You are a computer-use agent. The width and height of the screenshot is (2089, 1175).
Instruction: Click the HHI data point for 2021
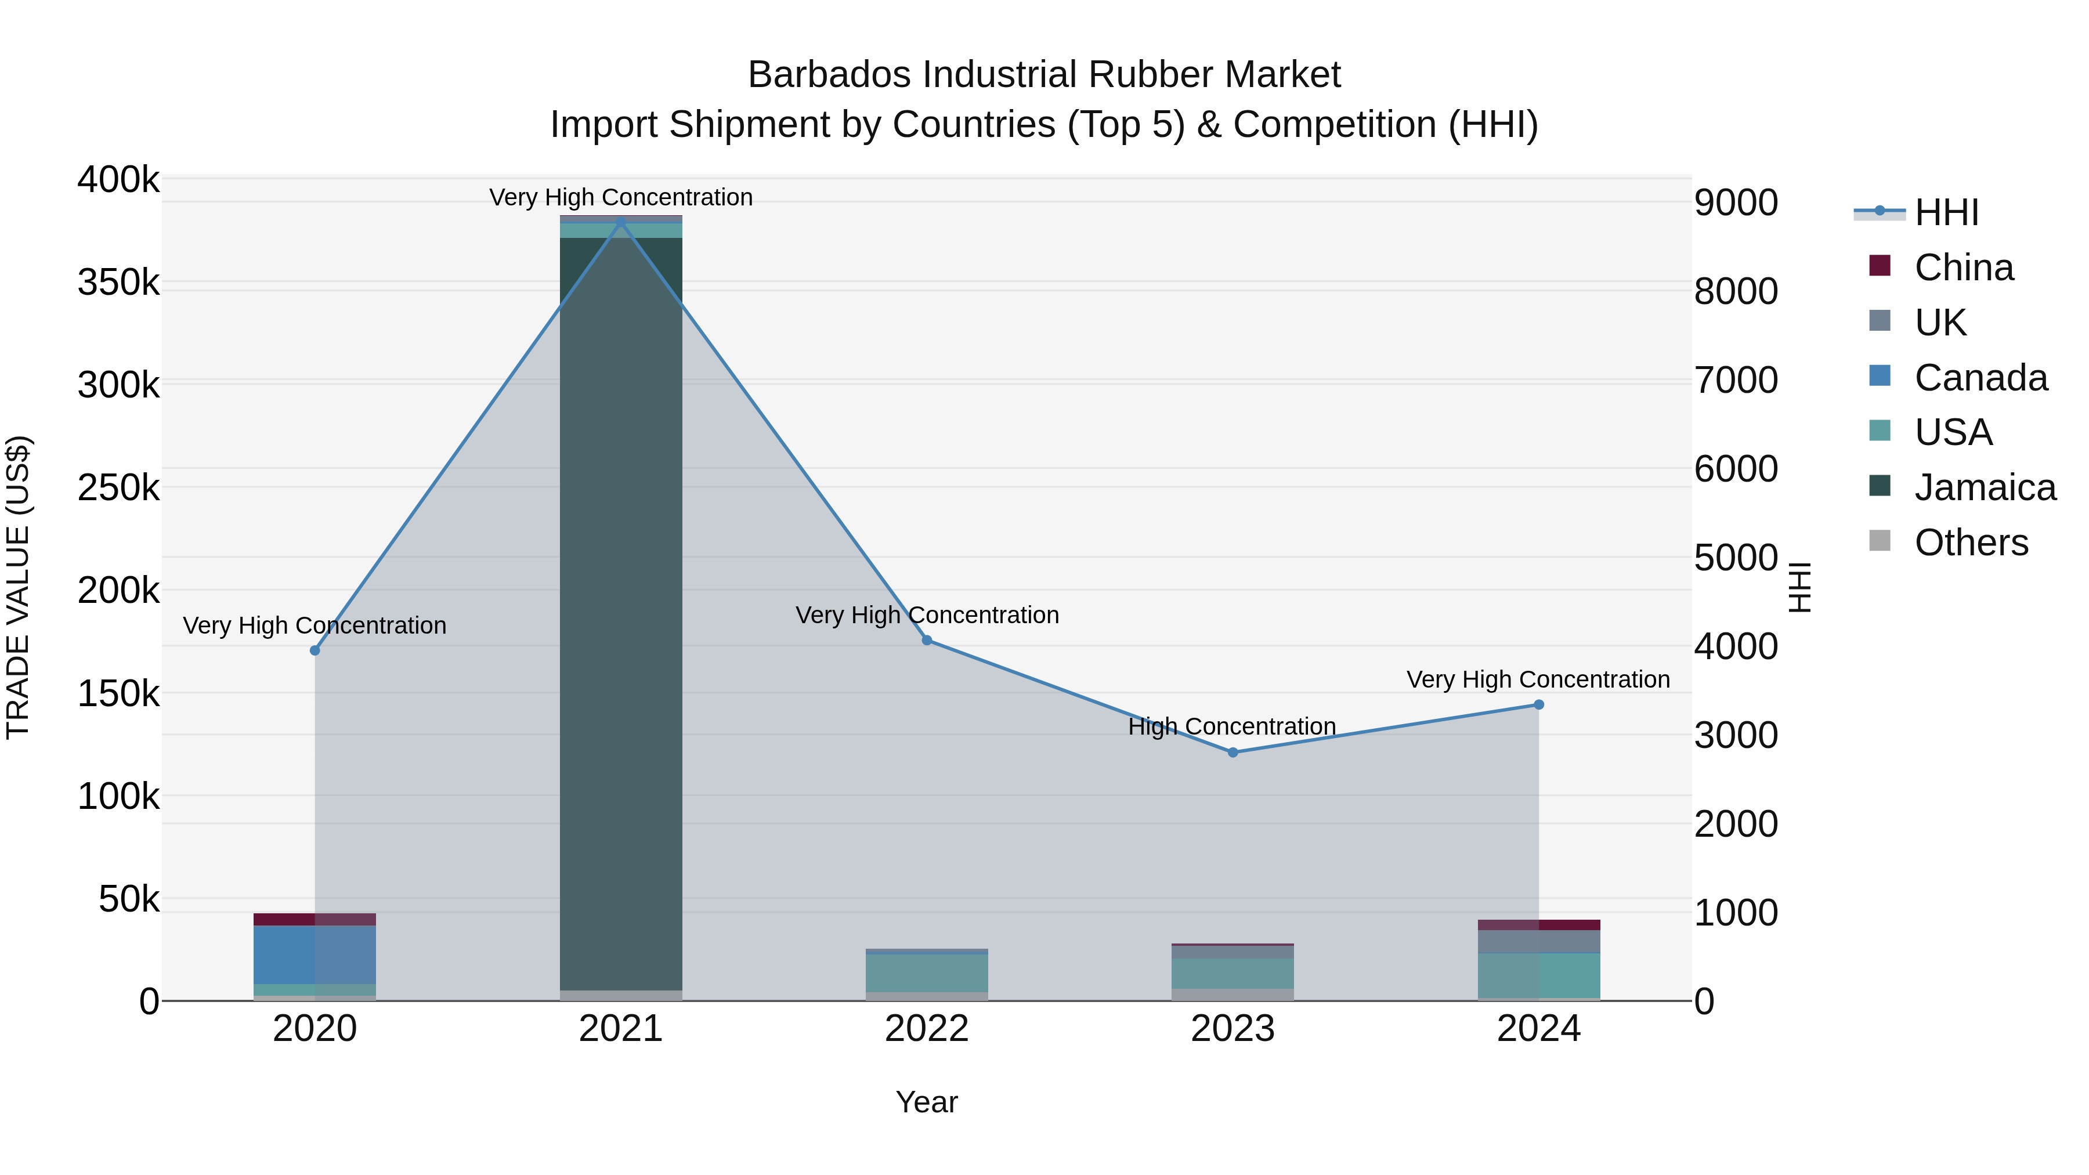pos(621,222)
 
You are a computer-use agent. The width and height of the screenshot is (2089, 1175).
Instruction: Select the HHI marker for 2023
pos(1233,753)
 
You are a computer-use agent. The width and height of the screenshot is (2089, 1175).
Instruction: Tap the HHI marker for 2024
pos(1538,704)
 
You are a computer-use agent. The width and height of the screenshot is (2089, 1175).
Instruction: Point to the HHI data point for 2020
pos(315,650)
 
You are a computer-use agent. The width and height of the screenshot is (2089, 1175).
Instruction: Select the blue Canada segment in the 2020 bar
pos(315,955)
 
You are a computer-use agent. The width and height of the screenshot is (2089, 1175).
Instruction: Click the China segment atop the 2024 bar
pos(1538,925)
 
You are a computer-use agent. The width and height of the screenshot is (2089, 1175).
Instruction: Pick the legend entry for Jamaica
pos(1985,487)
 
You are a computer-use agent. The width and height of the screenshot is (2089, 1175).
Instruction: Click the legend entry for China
pos(1963,267)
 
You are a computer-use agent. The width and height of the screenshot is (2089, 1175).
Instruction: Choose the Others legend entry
pos(1971,543)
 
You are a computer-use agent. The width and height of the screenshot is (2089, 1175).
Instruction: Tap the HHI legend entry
pos(1946,212)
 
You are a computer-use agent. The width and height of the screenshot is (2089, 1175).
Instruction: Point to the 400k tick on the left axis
pos(118,180)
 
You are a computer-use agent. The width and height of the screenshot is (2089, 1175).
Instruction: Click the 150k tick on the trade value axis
pos(118,694)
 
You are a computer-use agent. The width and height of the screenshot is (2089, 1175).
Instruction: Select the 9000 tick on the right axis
pos(1736,203)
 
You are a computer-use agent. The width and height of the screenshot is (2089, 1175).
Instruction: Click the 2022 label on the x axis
pos(926,1029)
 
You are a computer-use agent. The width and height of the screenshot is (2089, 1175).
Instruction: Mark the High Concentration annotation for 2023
pos(1232,726)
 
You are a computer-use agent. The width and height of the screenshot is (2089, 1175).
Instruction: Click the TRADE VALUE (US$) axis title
pos(18,587)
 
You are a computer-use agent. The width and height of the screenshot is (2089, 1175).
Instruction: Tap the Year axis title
pos(926,1102)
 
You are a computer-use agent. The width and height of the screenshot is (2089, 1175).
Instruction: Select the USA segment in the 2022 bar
pos(927,973)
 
